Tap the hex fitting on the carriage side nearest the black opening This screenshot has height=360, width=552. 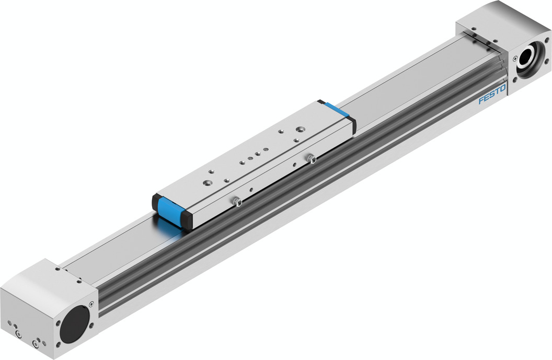point(237,201)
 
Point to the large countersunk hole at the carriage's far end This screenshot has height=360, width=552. point(300,128)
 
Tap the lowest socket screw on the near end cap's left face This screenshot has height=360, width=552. point(36,343)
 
